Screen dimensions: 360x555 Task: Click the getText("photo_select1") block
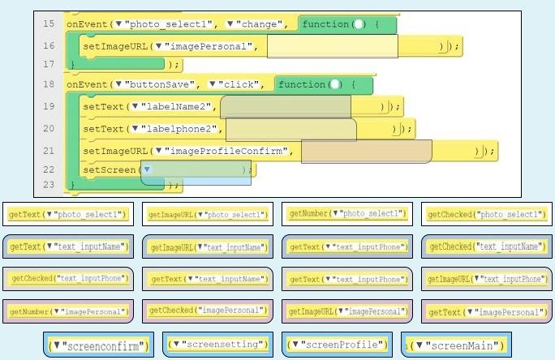pos(68,214)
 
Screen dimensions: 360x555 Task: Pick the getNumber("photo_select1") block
pos(347,214)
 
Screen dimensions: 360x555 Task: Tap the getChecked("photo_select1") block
pos(486,214)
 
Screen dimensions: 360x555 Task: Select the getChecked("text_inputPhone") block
pos(69,278)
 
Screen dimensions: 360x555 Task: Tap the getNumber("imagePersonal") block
pos(69,311)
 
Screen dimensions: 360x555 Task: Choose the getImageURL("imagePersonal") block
pos(347,311)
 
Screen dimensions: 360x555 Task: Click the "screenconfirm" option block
pos(97,345)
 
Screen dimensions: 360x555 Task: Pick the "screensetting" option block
pos(217,345)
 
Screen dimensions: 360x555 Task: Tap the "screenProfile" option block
pos(337,345)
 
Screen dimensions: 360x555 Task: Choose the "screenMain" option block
pos(456,345)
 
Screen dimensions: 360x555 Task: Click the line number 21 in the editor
pos(48,150)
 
